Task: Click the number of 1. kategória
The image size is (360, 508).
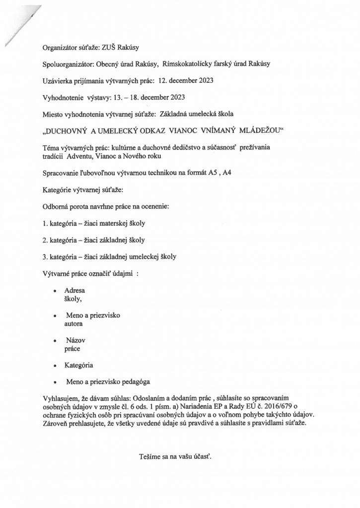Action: pyautogui.click(x=45, y=223)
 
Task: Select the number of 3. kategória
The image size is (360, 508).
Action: pyautogui.click(x=45, y=256)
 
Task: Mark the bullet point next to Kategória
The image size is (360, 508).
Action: pyautogui.click(x=54, y=366)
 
